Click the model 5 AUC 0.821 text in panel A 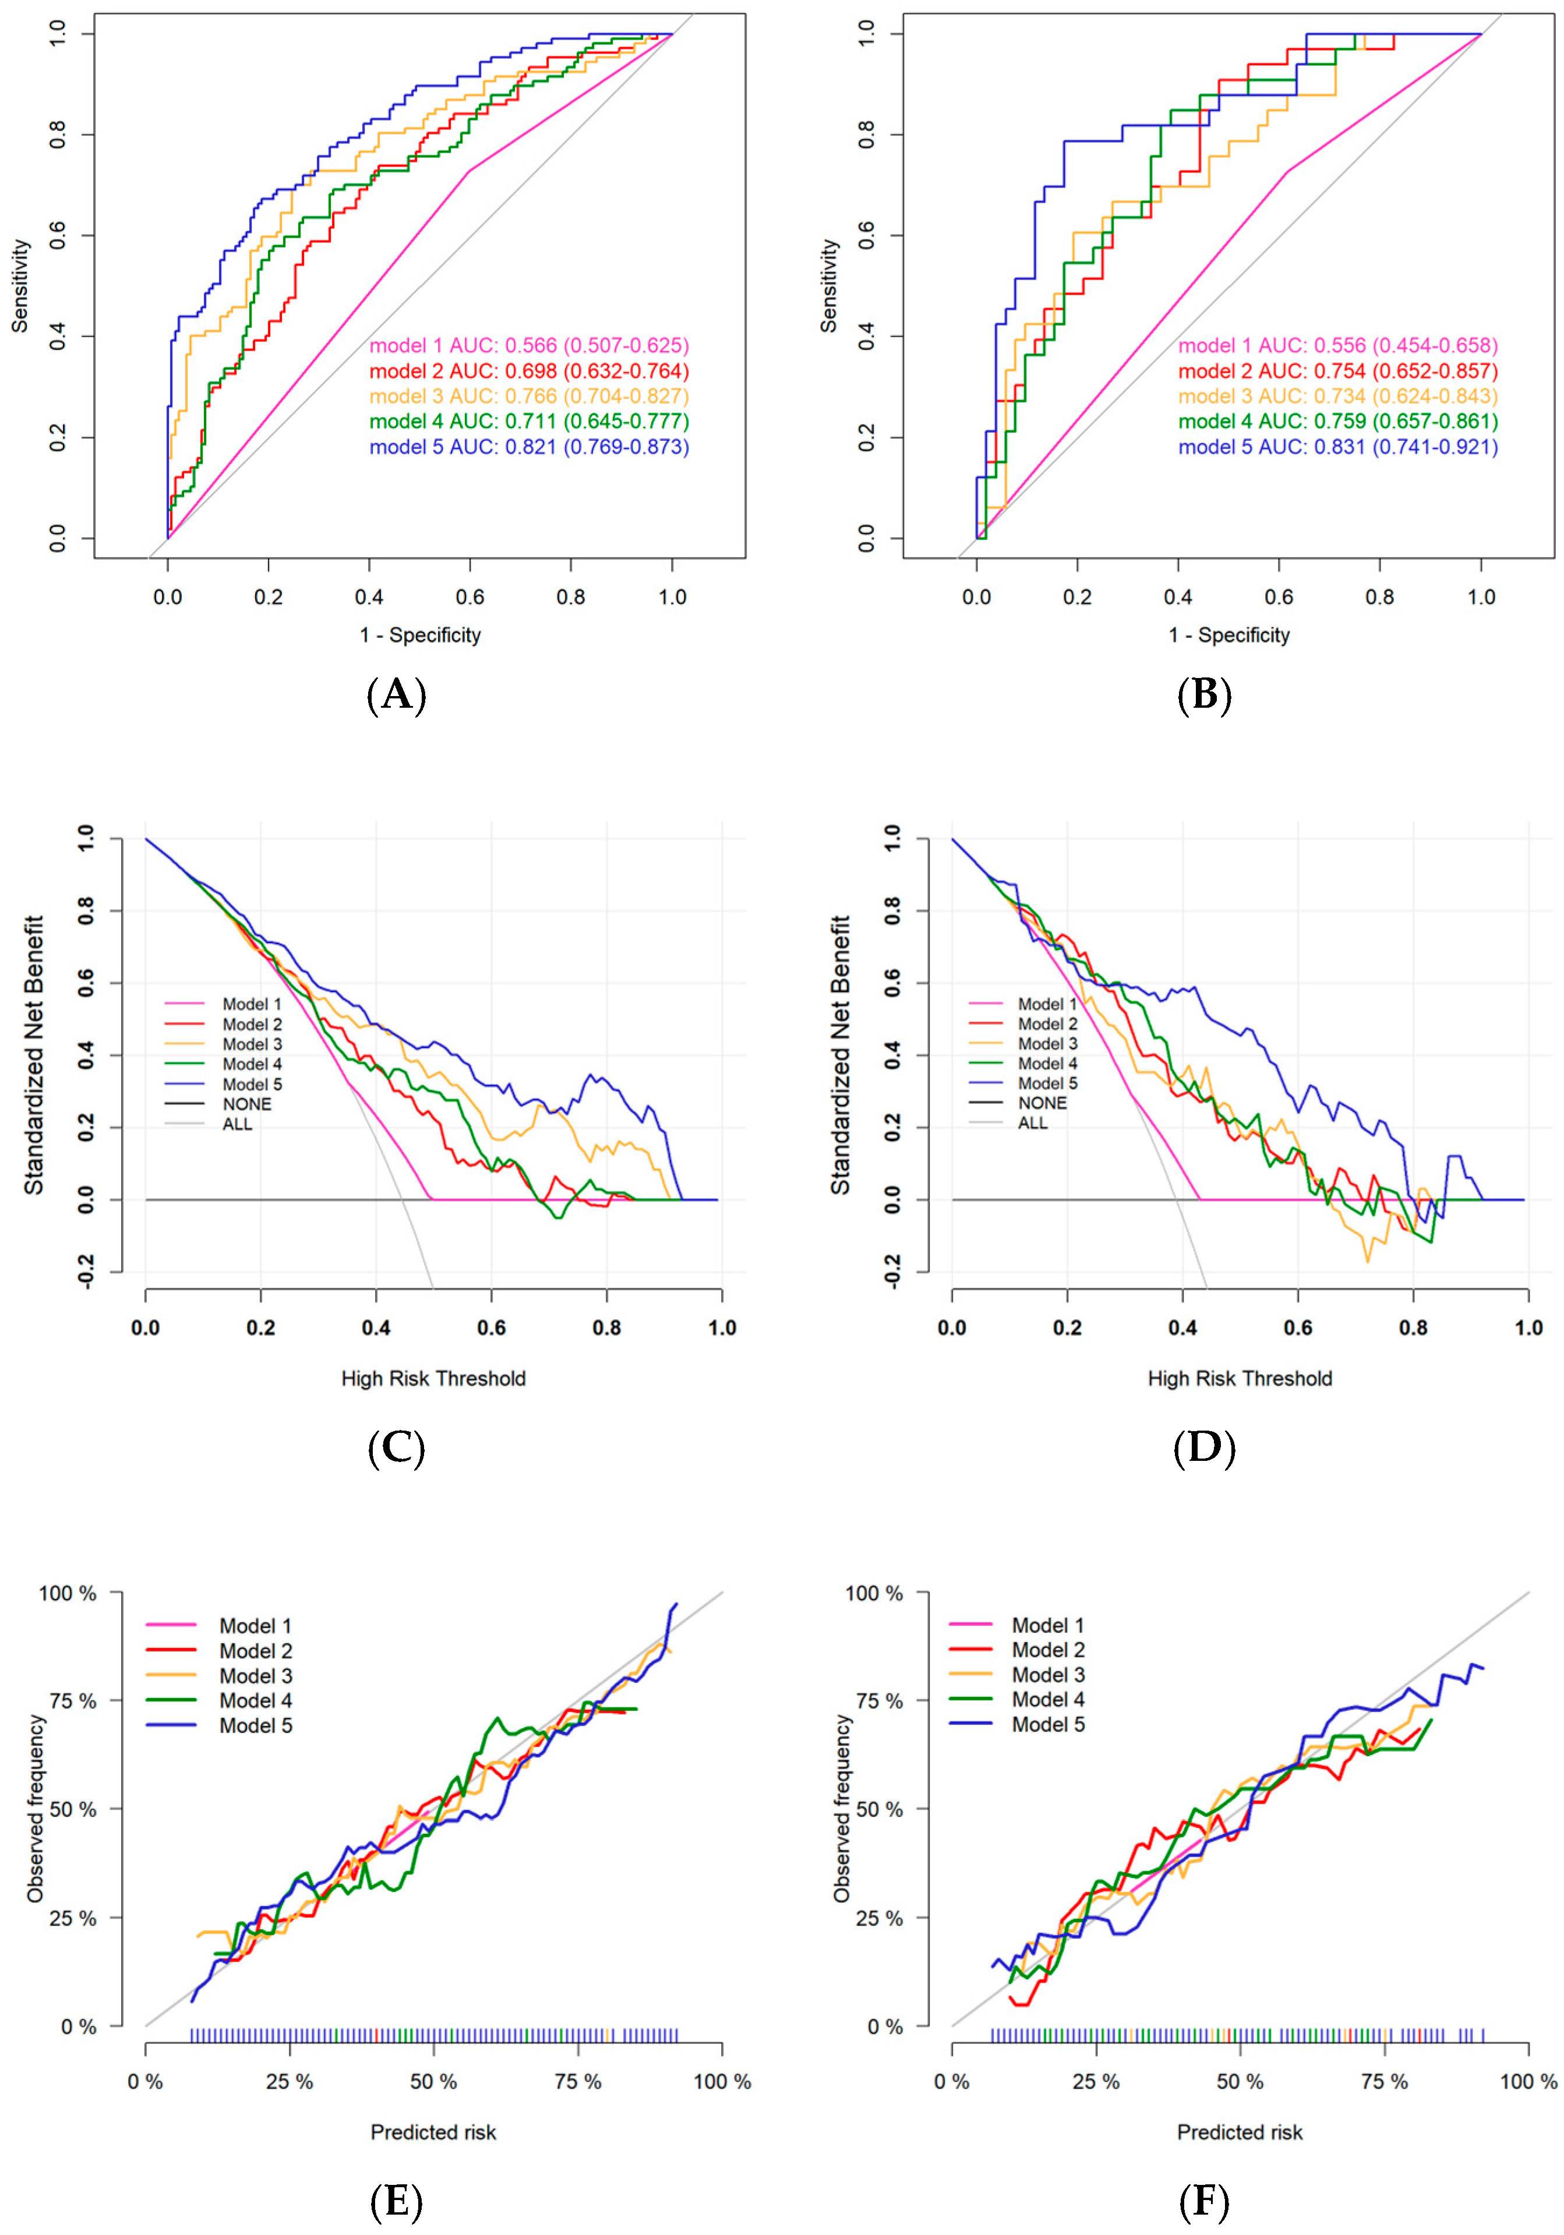(x=528, y=447)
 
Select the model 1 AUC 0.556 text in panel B (x=1337, y=345)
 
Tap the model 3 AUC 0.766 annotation (x=528, y=396)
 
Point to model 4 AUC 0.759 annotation (x=1337, y=422)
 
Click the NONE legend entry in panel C (x=246, y=1104)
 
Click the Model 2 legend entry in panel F (x=1047, y=1650)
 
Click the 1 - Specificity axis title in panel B (x=1228, y=635)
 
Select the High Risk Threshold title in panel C (x=433, y=1378)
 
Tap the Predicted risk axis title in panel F (x=1239, y=2133)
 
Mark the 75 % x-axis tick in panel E (x=577, y=2082)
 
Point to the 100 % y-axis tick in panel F (x=874, y=1594)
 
